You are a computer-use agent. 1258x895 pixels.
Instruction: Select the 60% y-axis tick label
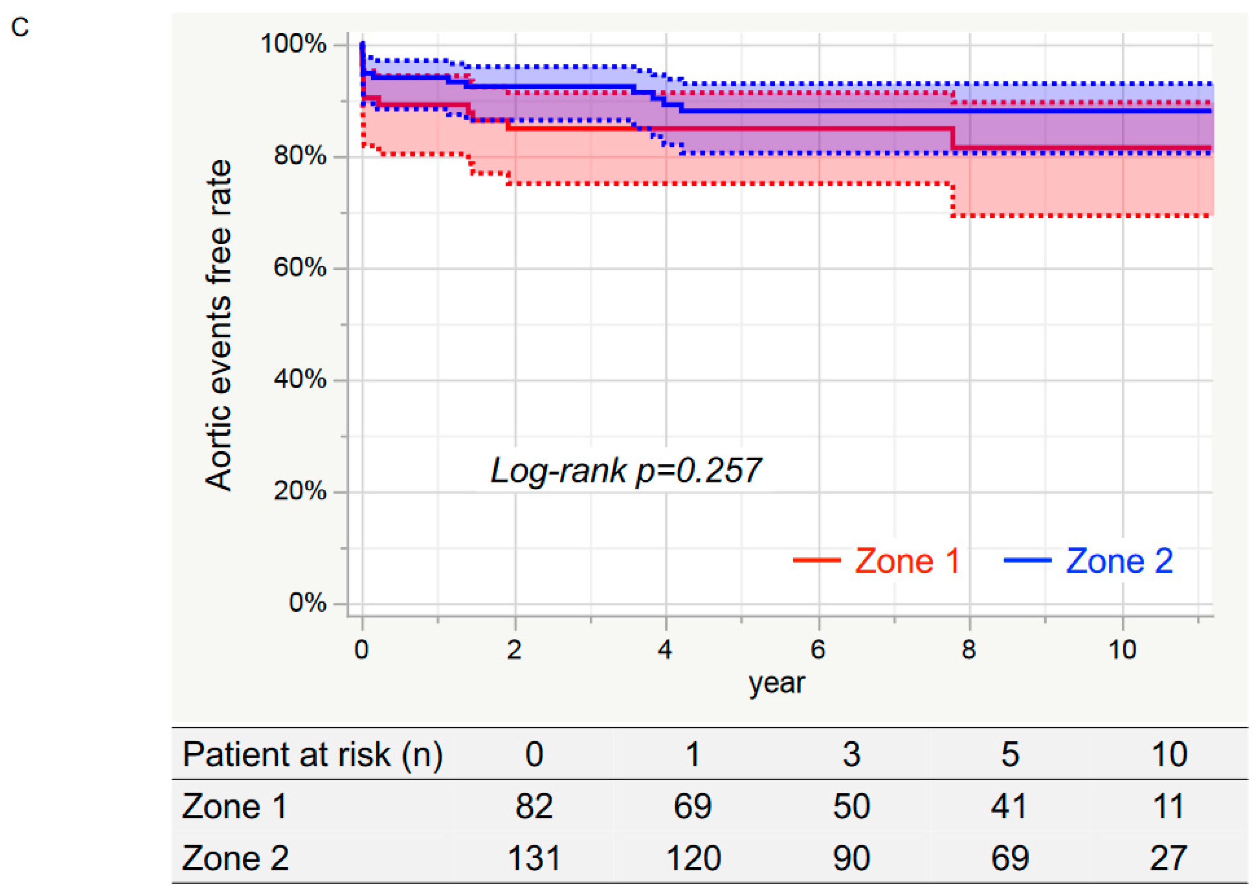tap(300, 268)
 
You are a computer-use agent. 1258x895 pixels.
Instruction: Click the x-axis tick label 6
tap(818, 650)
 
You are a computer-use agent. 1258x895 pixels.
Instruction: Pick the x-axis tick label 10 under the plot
tap(1123, 650)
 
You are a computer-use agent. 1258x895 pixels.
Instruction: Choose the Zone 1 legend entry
tap(877, 561)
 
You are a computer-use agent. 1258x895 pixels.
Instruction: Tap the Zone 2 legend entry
tap(1089, 561)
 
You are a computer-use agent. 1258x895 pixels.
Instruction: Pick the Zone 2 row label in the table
tap(235, 858)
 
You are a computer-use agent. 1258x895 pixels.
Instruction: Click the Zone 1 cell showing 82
tap(534, 806)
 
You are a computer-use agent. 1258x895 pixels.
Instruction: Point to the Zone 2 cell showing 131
tap(534, 858)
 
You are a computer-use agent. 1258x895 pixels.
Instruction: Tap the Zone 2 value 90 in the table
tap(851, 858)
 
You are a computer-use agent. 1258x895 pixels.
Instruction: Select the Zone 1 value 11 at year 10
tap(1168, 806)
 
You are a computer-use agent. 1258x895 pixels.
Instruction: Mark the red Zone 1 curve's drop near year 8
tap(953, 138)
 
